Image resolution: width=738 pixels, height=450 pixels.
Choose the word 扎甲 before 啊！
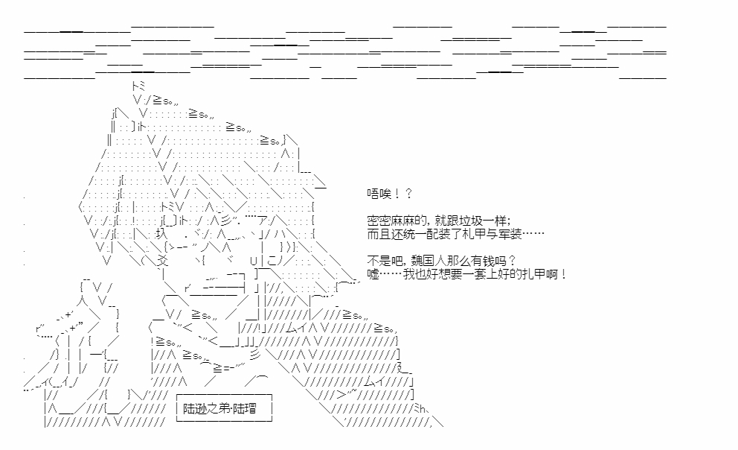pos(534,275)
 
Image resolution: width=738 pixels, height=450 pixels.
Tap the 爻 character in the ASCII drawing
pos(163,262)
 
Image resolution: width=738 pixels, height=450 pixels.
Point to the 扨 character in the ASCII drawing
pos(158,235)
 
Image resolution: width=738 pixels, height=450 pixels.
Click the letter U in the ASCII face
pos(253,262)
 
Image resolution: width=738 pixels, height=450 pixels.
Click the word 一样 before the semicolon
pos(495,221)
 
